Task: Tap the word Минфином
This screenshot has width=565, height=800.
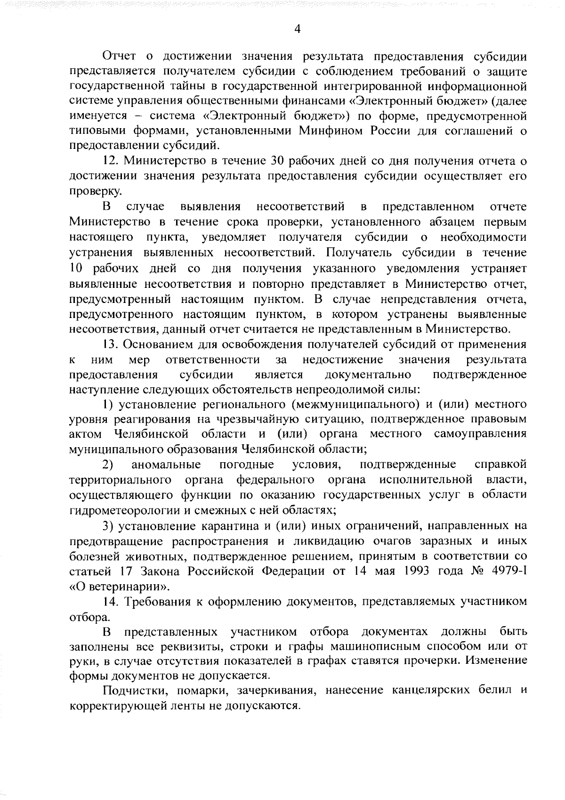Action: point(331,131)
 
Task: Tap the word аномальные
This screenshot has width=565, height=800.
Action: point(166,465)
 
